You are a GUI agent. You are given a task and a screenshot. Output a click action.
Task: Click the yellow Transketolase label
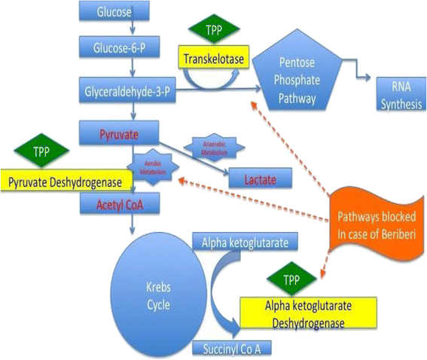point(213,56)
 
